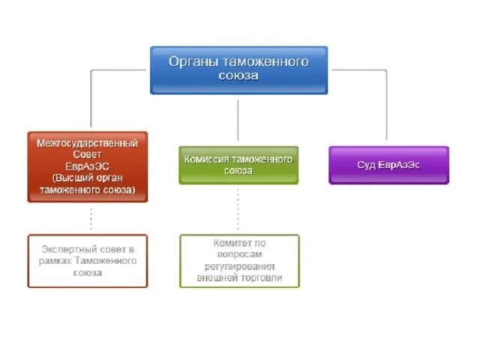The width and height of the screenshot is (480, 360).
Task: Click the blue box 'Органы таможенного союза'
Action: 238,70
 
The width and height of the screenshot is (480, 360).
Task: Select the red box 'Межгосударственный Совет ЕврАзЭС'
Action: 88,166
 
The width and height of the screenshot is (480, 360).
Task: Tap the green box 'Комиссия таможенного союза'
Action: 238,165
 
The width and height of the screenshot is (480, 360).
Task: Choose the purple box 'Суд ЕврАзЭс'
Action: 388,165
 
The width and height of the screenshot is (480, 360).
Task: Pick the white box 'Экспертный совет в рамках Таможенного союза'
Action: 88,260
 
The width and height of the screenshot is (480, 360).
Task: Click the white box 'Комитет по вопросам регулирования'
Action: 239,260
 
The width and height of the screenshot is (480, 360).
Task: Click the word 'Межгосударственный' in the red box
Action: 88,142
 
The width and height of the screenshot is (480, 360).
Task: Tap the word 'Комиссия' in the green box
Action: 205,159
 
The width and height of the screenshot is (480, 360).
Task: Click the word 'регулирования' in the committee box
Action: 239,266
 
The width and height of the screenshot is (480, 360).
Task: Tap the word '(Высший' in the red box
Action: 68,178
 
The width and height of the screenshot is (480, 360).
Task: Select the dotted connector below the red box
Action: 91,218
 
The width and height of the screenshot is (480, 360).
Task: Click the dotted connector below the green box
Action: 238,209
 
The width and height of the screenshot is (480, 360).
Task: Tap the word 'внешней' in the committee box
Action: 215,277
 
